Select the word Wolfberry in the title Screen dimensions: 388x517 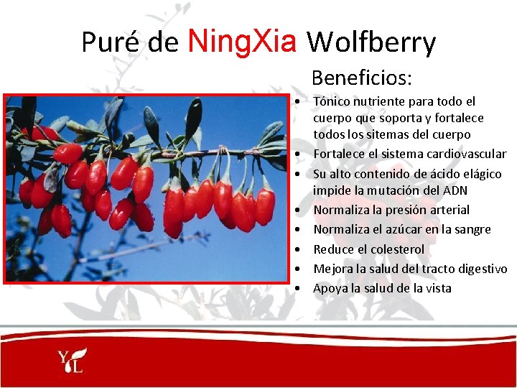coord(371,43)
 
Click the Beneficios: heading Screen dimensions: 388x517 coord(362,77)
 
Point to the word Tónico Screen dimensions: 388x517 coord(332,102)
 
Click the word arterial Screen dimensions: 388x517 coord(449,210)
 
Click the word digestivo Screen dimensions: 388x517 coord(480,269)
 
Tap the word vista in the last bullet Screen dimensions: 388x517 coord(437,288)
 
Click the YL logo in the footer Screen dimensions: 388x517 coord(73,359)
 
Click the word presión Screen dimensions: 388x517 coord(406,210)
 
